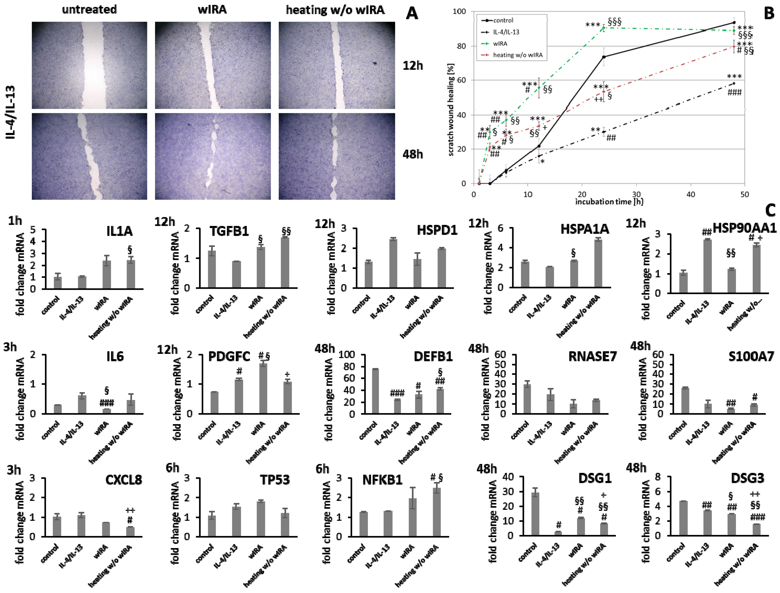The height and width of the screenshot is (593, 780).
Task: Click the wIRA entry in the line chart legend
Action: [x=500, y=44]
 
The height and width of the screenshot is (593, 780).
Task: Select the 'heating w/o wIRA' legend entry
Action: [x=517, y=55]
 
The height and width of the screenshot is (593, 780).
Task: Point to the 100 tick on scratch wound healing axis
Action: [x=459, y=12]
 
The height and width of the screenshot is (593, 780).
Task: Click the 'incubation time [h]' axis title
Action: [x=609, y=202]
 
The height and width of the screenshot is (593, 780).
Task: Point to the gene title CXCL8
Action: [x=123, y=480]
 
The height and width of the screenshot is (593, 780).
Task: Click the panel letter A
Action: [x=412, y=13]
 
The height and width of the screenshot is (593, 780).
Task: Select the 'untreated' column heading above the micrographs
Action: [x=89, y=9]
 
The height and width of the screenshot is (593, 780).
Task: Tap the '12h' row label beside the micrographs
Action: [x=413, y=66]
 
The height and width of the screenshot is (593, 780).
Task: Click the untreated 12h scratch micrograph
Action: [x=90, y=65]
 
